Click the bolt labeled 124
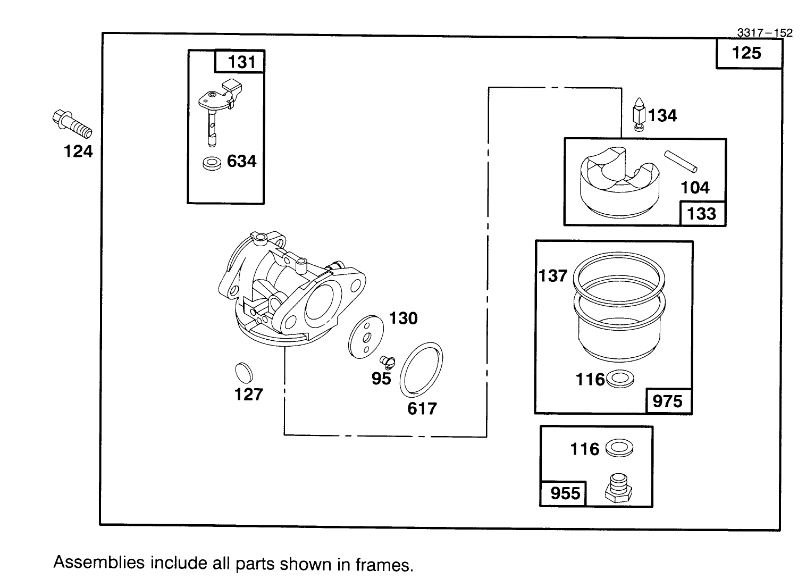pos(72,124)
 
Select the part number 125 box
pos(748,53)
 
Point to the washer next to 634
pos(213,163)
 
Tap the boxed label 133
pos(702,214)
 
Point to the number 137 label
pos(553,275)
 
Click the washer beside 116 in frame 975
pos(620,379)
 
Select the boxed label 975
pos(668,401)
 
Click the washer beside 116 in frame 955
pos(620,448)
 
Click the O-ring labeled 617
pos(422,371)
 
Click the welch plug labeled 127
pos(242,372)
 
